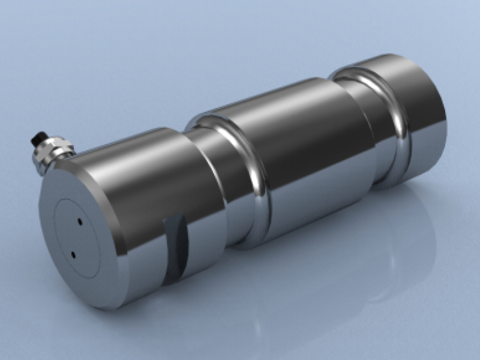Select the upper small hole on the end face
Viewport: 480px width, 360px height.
[79, 223]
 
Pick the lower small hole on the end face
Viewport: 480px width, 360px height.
[73, 255]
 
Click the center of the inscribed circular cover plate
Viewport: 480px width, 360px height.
[76, 238]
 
